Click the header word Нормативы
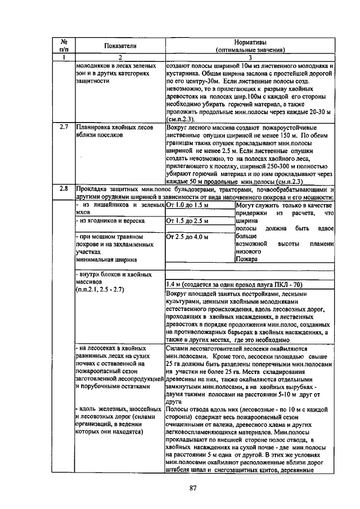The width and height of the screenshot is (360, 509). click(251, 42)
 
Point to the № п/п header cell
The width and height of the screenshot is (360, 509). click(64, 46)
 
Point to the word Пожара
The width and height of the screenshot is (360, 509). click(246, 260)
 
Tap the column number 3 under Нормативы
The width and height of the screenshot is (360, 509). click(251, 58)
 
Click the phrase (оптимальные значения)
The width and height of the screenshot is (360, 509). click(251, 49)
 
